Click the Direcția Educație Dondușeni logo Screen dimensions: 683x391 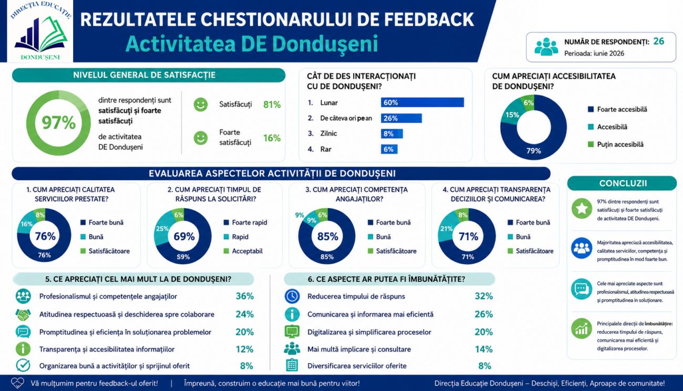(x=40, y=31)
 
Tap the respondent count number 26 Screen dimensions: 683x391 (x=659, y=42)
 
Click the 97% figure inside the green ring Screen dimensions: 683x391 (x=58, y=122)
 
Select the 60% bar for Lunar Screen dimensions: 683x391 (x=422, y=102)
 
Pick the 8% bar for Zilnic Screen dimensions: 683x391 (x=392, y=133)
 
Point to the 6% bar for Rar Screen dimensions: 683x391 (x=389, y=149)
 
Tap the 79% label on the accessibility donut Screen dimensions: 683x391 (x=534, y=151)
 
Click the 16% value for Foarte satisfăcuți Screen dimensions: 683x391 (x=272, y=138)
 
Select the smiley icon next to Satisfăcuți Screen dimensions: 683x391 (x=201, y=105)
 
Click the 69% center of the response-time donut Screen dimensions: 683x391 (x=184, y=236)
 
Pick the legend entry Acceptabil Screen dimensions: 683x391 (x=243, y=251)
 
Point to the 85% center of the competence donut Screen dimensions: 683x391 (x=328, y=236)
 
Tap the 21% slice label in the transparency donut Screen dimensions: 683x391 (x=446, y=229)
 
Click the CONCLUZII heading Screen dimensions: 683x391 (x=623, y=183)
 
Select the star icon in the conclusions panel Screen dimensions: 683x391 (x=582, y=209)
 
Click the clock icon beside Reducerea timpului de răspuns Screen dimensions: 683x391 (x=292, y=296)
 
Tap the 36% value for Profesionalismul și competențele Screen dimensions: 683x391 (x=244, y=296)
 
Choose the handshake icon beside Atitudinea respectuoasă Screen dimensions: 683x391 (x=23, y=314)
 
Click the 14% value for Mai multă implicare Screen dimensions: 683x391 (x=483, y=349)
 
